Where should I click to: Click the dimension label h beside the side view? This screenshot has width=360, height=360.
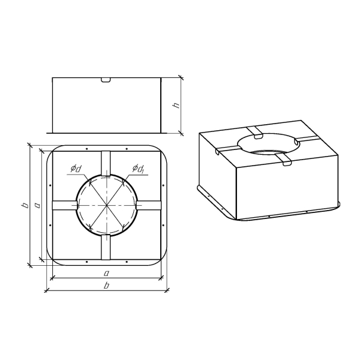tap(176, 105)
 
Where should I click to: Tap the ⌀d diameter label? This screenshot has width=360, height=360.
tap(76, 169)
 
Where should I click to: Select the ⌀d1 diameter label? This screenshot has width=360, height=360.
tap(138, 169)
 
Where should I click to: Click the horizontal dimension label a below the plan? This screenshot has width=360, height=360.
tap(106, 273)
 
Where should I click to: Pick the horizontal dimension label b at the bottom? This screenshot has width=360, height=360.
tap(106, 286)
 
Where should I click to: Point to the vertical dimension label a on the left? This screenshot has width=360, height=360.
tap(37, 205)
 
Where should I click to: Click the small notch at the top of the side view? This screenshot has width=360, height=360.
tap(106, 80)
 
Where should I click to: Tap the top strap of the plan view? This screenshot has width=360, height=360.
tap(106, 163)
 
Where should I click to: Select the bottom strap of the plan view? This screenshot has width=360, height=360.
tap(106, 247)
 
